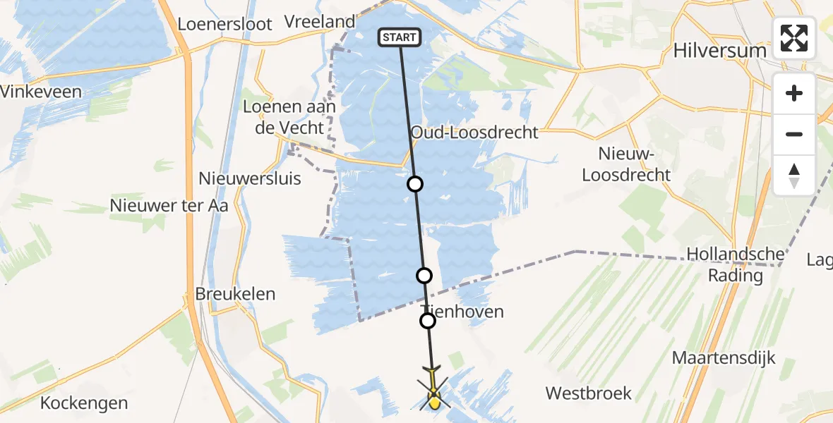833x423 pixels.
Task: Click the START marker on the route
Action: tap(400, 37)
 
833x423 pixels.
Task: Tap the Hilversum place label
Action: tap(719, 51)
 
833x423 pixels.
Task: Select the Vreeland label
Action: tap(319, 22)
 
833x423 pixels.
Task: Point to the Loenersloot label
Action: tap(224, 24)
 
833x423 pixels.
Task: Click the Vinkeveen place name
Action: tap(41, 92)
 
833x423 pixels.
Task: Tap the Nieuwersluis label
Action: tap(250, 178)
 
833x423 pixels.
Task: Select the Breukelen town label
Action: tap(235, 294)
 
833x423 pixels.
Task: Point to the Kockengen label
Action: tap(84, 403)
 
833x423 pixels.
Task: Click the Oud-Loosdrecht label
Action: tap(474, 133)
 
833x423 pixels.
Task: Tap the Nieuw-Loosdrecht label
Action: tap(624, 164)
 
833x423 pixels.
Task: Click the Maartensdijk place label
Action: tap(724, 357)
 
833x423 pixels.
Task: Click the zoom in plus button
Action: tap(794, 93)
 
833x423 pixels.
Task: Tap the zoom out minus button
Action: tap(794, 134)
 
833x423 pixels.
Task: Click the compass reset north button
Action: tap(794, 175)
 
